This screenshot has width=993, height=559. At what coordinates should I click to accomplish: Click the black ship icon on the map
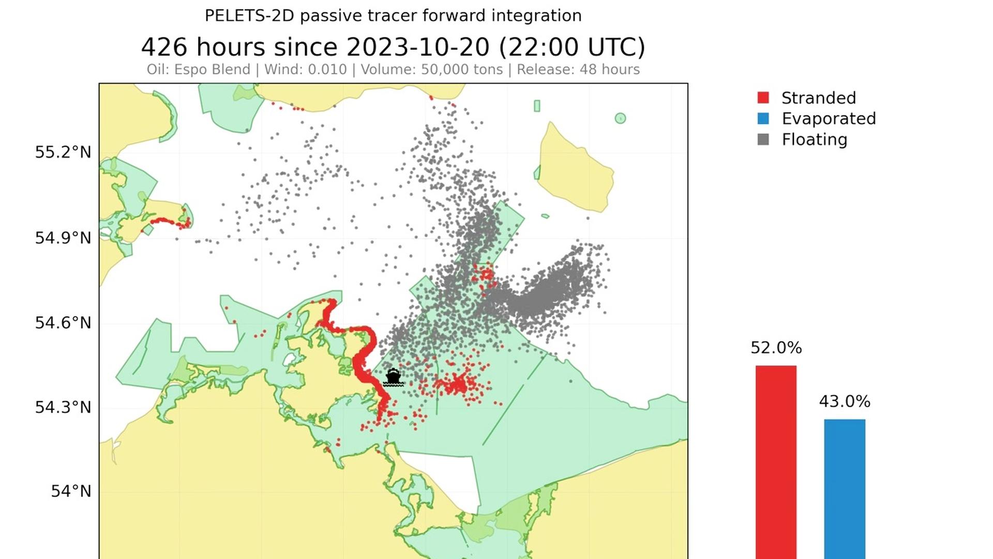coord(393,377)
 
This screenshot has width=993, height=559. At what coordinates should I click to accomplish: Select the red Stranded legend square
coord(763,98)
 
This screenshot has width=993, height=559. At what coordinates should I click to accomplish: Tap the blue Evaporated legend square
coord(763,119)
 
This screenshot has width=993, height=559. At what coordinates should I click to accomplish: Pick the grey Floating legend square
coord(763,139)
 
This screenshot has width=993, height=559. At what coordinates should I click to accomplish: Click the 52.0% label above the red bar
coord(776,348)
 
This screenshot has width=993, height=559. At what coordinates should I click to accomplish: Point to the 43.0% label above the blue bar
coord(844,402)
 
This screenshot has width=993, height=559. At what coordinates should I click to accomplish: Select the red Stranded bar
coord(776,461)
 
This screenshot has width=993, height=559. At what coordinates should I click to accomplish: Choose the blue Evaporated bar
coord(844,487)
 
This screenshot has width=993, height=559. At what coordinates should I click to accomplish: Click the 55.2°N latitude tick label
coord(63,152)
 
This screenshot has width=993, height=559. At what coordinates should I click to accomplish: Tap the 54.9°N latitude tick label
coord(63,238)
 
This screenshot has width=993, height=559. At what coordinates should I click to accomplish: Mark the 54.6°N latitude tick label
coord(63,323)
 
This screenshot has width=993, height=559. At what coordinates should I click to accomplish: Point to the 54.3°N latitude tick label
coord(63,407)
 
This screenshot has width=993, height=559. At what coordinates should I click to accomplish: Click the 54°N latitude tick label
coord(70,491)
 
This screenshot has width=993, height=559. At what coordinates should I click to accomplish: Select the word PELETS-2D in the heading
coord(249,16)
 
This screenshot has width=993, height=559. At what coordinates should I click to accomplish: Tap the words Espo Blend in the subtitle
coord(212,69)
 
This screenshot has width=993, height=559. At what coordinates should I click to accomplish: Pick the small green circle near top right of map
coord(620,119)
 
